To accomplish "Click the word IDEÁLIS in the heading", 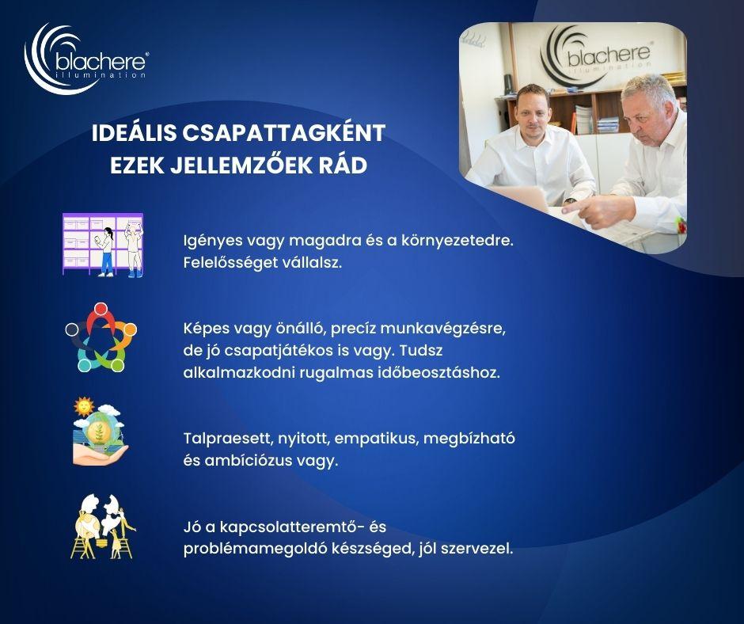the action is (x=134, y=133).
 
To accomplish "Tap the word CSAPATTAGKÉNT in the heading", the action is (x=283, y=133).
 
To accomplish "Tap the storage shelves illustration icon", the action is (x=102, y=245).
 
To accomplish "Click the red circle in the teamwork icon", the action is (x=100, y=310).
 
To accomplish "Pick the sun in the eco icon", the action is (x=84, y=406).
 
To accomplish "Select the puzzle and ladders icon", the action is (x=103, y=527).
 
